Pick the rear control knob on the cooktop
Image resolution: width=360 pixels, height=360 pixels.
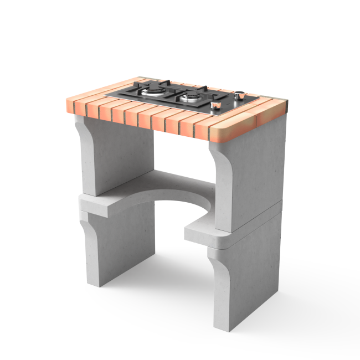[x=239, y=95]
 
